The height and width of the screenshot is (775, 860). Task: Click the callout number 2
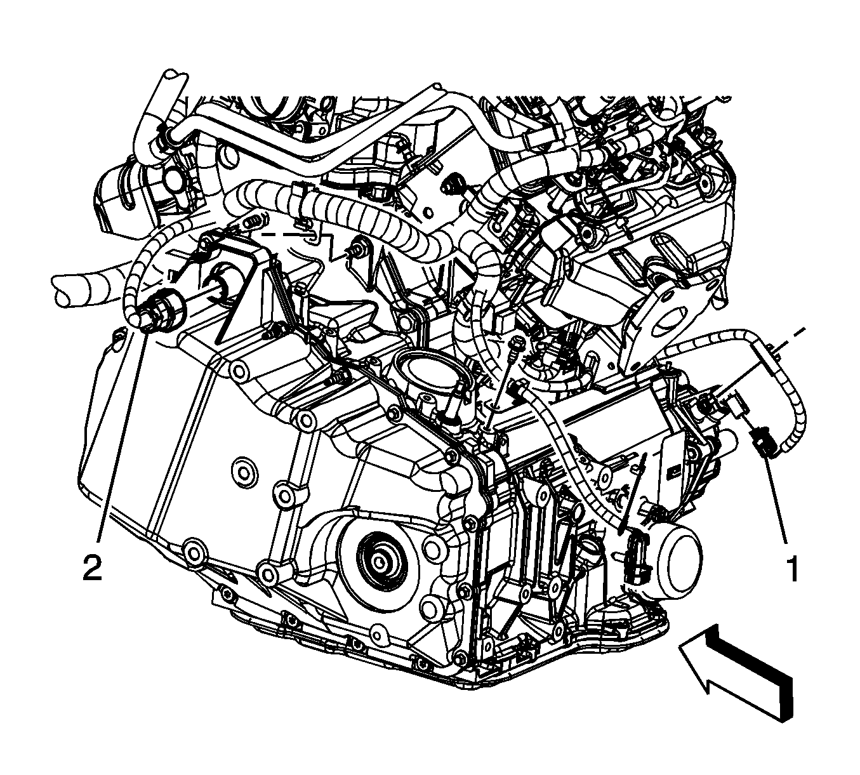click(x=93, y=567)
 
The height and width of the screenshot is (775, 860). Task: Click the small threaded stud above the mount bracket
click(x=253, y=223)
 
